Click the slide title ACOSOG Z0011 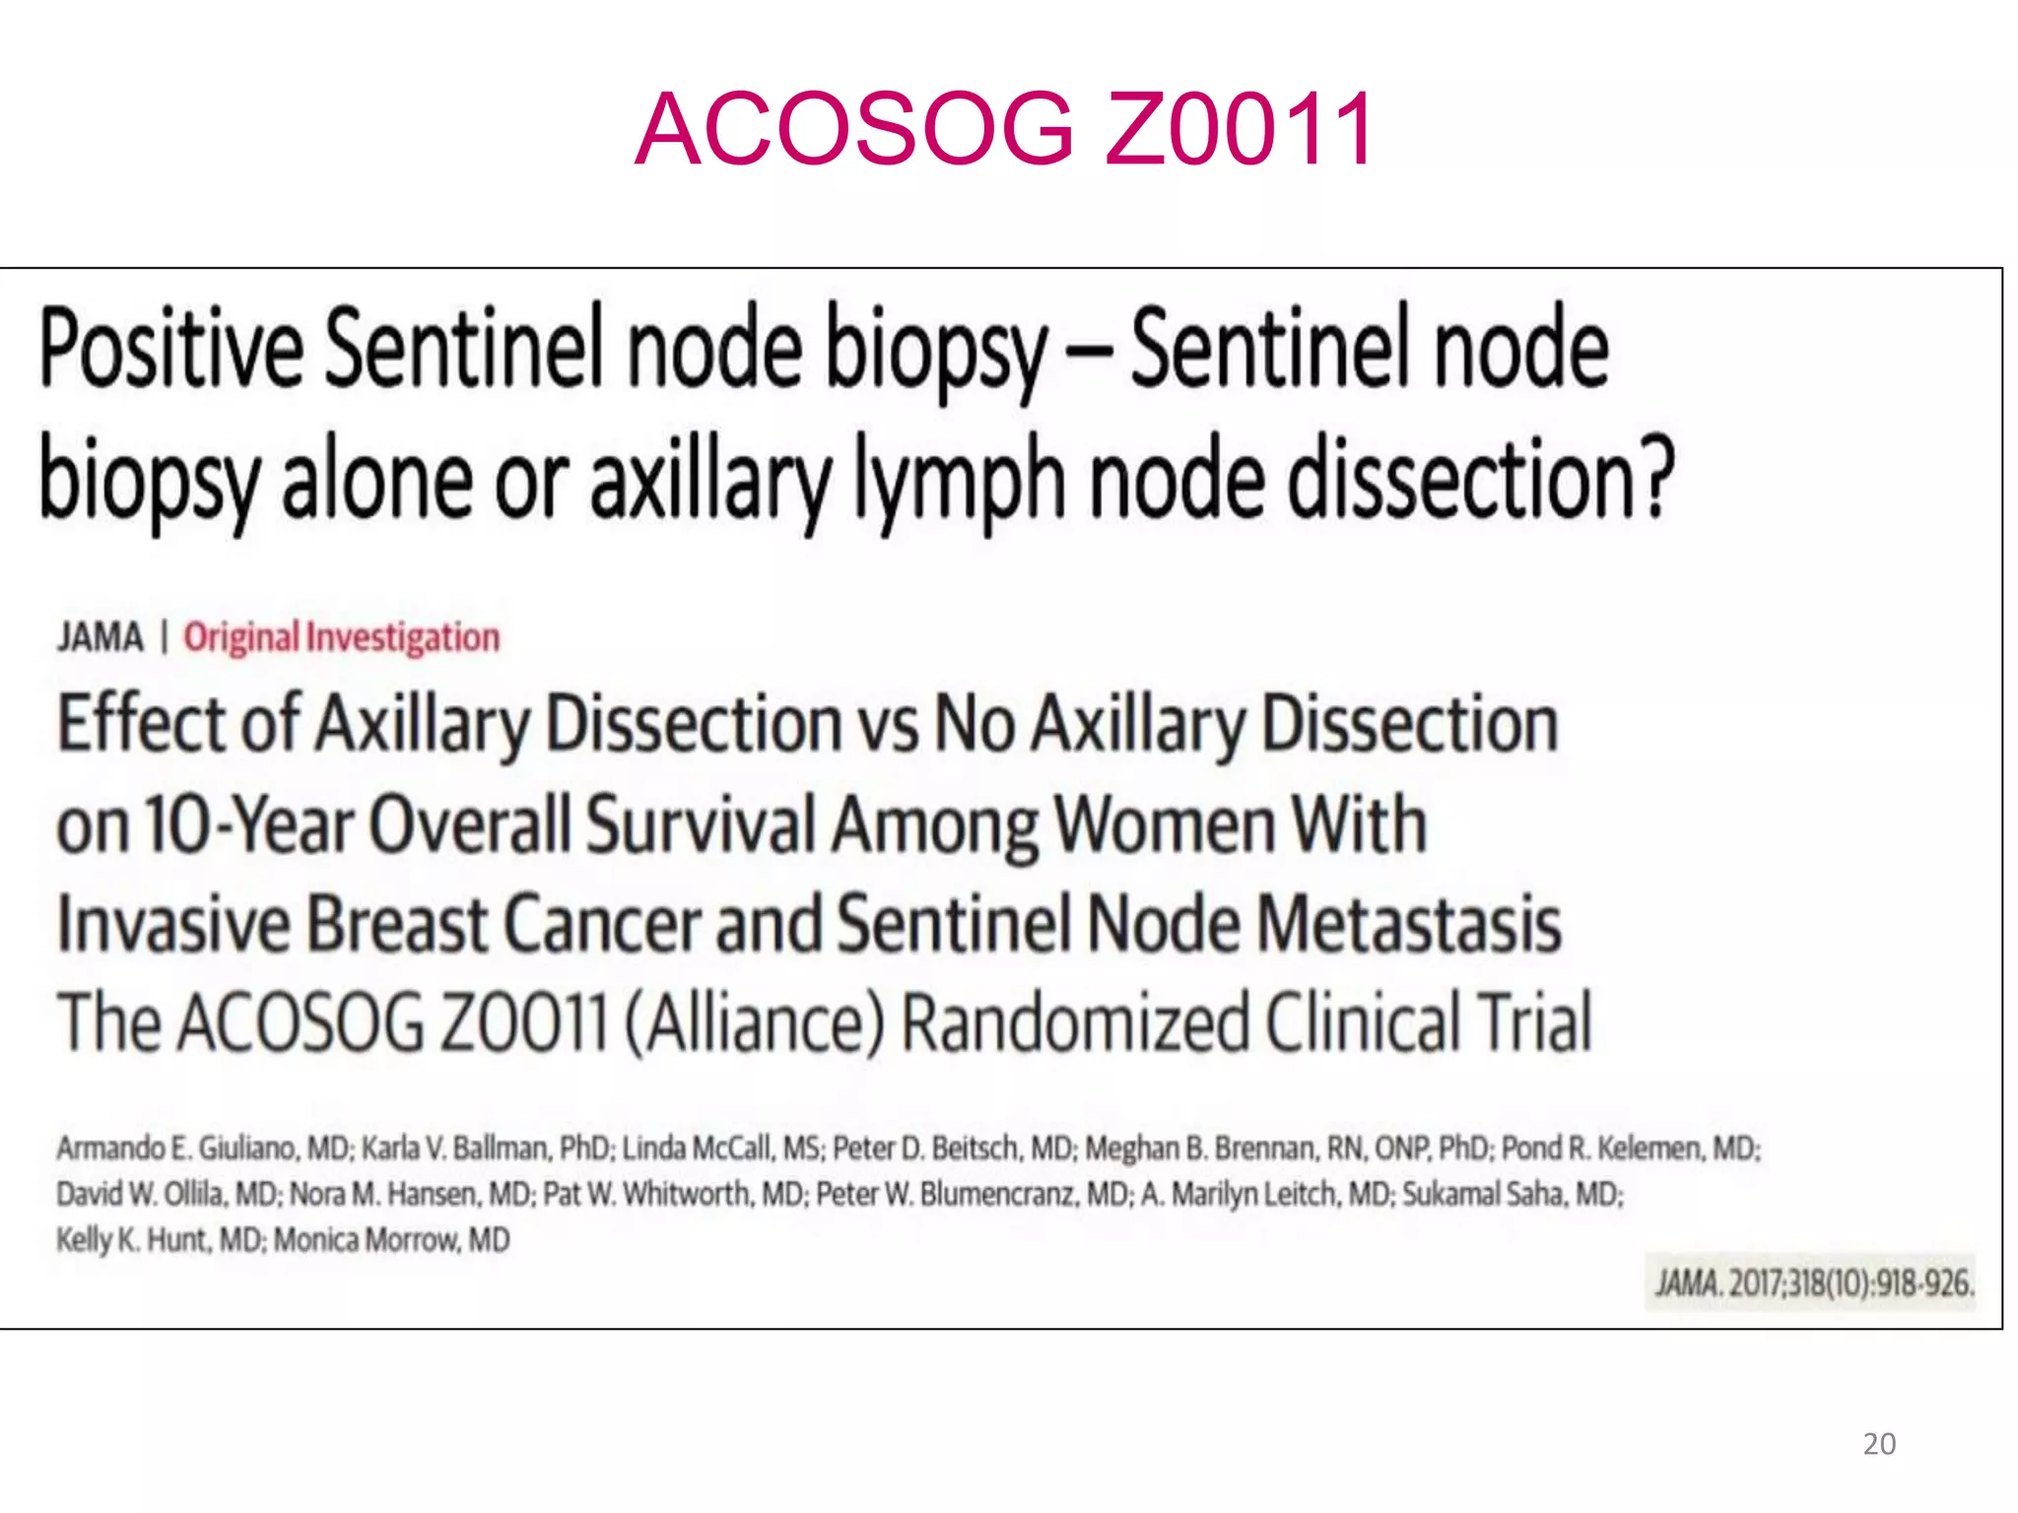pyautogui.click(x=1004, y=129)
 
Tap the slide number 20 pyautogui.click(x=1879, y=1444)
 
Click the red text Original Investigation pyautogui.click(x=341, y=637)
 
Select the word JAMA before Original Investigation pyautogui.click(x=100, y=637)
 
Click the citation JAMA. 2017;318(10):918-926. pyautogui.click(x=1814, y=1283)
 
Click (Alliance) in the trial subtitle pyautogui.click(x=755, y=1022)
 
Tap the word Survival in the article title pyautogui.click(x=701, y=824)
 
